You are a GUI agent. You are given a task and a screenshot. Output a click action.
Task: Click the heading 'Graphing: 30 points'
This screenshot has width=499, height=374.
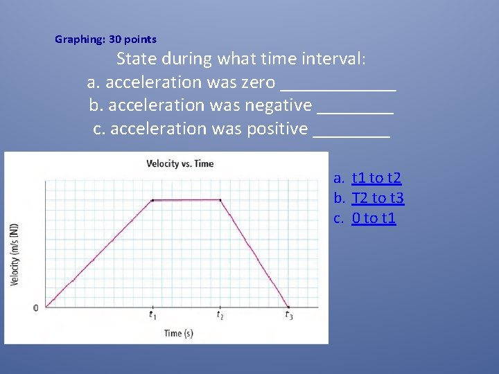pos(105,39)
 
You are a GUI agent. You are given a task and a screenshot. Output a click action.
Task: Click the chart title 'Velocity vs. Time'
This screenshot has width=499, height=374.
pos(180,164)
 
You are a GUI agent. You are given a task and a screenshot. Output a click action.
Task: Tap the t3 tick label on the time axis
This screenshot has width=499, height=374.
pos(288,316)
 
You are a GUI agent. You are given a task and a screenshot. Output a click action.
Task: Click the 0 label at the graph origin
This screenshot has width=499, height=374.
pos(36,308)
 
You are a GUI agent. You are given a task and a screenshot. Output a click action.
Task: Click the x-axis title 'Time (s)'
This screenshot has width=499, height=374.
pos(179,333)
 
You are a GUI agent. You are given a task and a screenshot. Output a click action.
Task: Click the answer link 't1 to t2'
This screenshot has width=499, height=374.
pos(376,179)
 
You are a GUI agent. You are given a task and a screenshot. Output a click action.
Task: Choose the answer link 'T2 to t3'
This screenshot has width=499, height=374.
pos(378,199)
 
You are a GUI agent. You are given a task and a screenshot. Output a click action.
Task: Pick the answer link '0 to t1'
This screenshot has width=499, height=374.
pos(374,219)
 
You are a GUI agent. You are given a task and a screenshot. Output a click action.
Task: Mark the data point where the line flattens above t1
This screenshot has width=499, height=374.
pos(152,200)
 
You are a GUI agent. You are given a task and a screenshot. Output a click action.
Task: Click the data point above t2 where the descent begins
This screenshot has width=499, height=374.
pos(220,200)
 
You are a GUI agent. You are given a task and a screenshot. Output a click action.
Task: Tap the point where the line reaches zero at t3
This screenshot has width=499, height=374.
pos(288,307)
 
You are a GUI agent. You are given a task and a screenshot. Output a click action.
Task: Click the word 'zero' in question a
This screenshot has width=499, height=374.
pos(258,82)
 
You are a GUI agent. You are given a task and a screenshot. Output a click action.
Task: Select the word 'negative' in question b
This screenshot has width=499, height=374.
pos(279,105)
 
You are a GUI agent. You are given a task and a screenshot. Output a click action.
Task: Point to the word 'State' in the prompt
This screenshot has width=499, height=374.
pos(137,59)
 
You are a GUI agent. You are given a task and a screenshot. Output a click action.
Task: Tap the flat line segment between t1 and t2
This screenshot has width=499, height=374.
pos(186,200)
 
